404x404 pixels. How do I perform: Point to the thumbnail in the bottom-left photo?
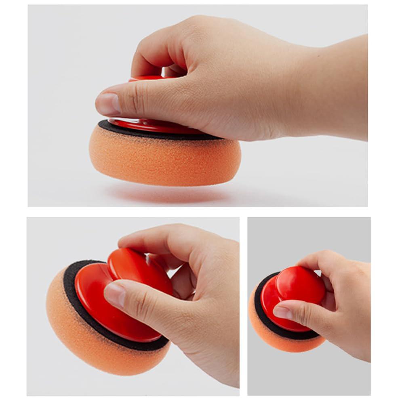pyautogui.click(x=114, y=294)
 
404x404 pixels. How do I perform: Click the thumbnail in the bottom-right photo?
pyautogui.click(x=282, y=312)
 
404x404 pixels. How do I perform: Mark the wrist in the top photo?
pyautogui.click(x=339, y=89)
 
